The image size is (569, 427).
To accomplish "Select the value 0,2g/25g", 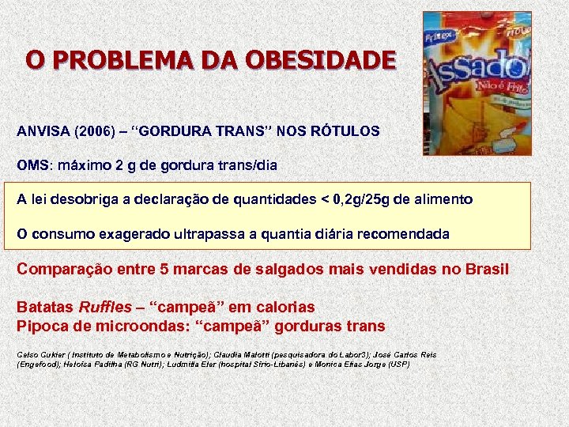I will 358,200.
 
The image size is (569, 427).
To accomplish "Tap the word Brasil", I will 486,270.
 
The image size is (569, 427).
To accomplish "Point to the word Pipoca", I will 43,326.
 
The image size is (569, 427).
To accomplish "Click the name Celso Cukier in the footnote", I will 39,355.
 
